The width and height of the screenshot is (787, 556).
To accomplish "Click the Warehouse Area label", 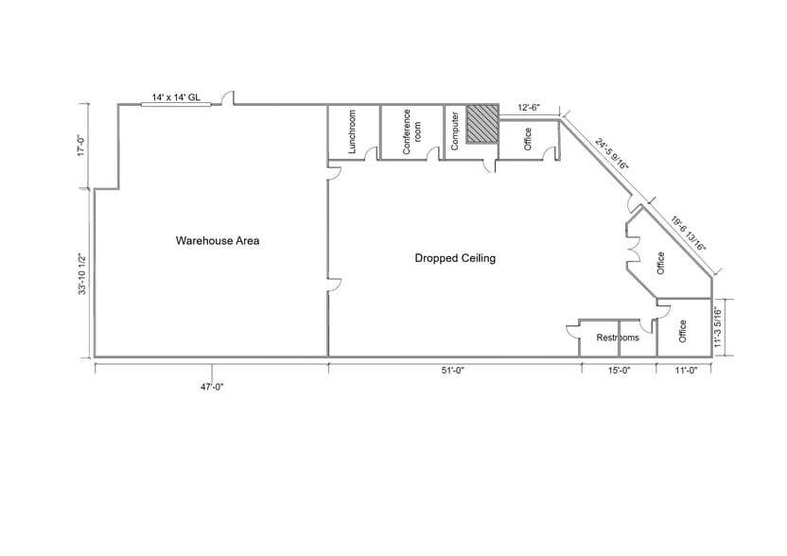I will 218,240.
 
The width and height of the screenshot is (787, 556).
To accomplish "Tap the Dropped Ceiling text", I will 455,258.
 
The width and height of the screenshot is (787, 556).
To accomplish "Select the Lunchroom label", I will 352,131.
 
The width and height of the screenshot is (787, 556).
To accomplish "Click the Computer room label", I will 455,131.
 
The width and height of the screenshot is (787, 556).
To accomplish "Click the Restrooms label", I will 617,338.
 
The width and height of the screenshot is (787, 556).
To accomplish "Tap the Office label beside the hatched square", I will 528,139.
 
